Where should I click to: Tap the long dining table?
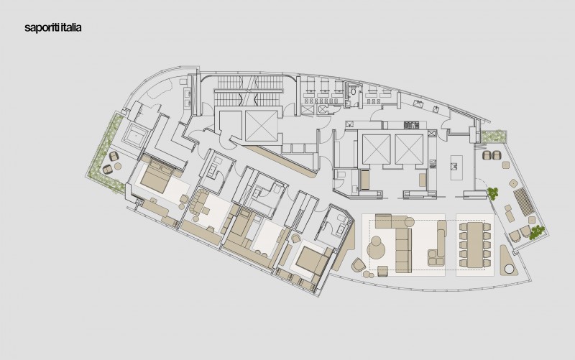coord(471,241)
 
